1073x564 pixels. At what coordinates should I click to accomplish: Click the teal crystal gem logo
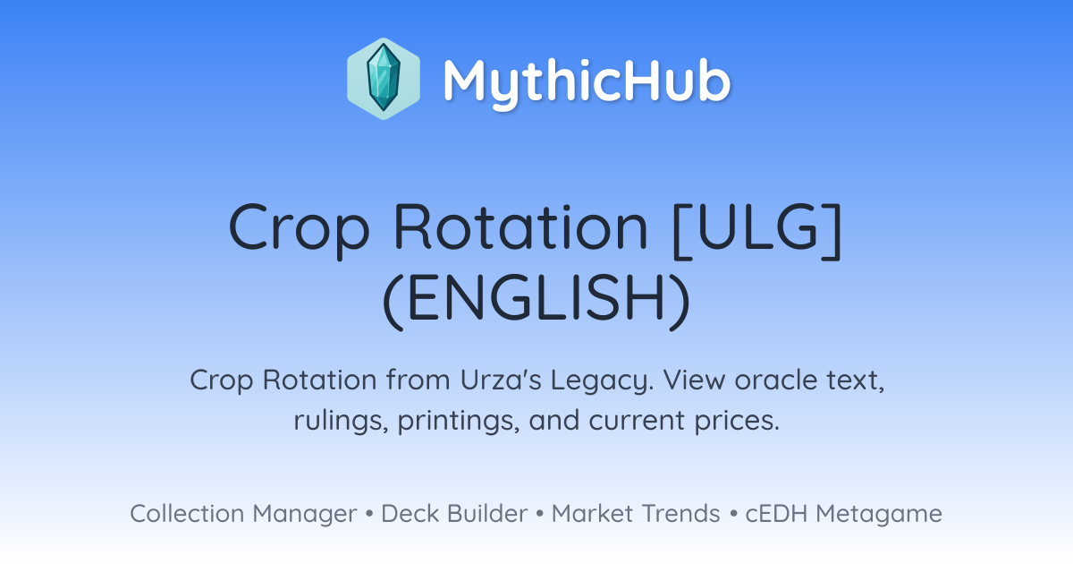point(384,79)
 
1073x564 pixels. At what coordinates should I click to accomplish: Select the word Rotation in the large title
point(520,226)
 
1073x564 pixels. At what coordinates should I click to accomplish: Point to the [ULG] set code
point(756,231)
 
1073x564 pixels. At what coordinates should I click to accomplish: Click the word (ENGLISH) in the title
point(536,301)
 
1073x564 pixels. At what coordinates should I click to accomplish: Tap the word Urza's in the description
point(501,380)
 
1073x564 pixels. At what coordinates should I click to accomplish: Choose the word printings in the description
point(459,422)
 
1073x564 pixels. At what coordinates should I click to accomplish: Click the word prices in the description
point(737,422)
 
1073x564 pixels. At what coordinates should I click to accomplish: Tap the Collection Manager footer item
point(243,514)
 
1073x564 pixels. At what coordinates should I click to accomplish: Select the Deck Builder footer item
point(454,514)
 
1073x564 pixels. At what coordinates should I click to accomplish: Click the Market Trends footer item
point(636,514)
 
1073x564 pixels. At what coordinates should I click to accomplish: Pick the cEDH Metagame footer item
point(843,515)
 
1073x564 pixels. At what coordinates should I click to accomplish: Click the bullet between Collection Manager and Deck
point(369,514)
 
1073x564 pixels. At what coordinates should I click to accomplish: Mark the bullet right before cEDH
point(733,514)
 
